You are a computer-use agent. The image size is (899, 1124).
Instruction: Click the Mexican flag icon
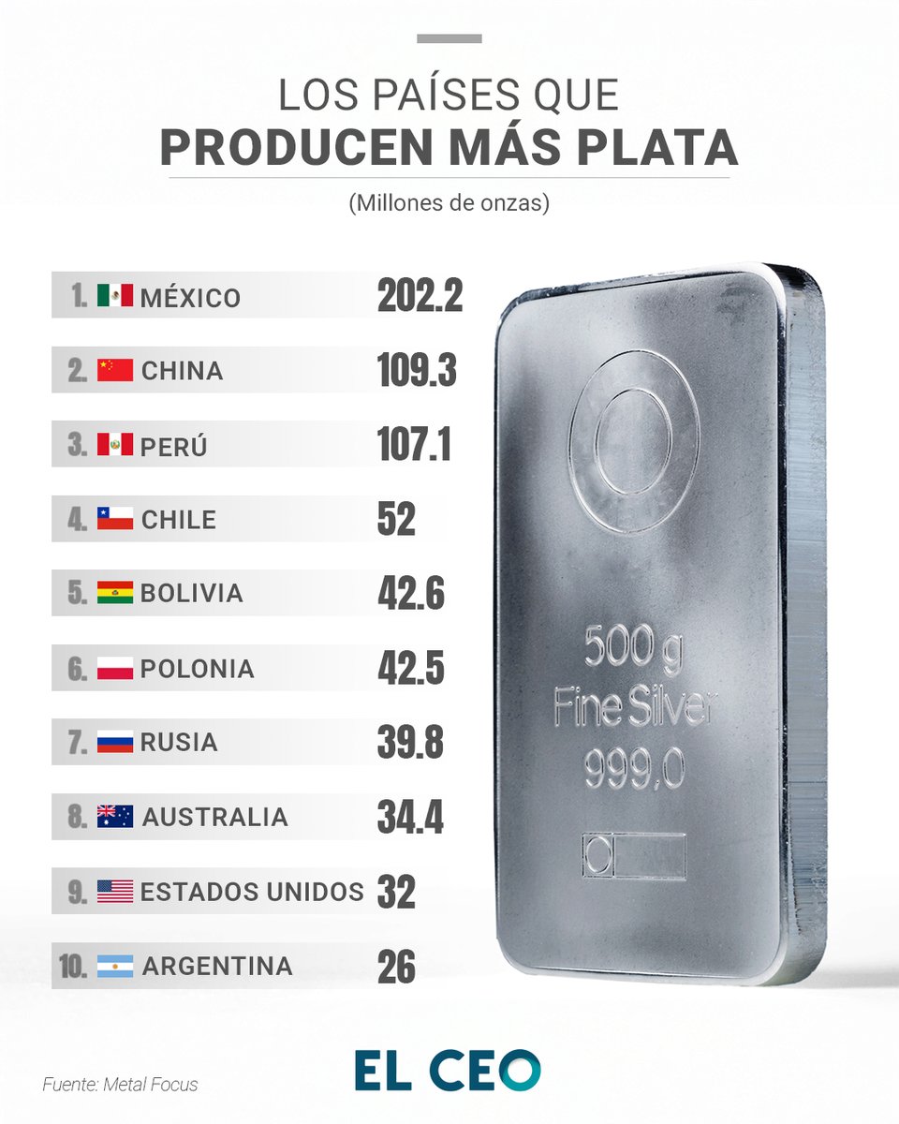pos(115,296)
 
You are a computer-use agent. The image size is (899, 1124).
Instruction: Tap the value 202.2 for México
pos(420,296)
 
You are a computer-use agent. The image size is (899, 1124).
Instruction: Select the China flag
pos(115,370)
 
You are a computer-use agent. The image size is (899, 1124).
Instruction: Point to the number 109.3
pos(417,371)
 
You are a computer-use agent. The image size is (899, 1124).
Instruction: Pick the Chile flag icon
pos(115,518)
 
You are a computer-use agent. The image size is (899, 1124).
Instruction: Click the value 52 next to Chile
pos(396,519)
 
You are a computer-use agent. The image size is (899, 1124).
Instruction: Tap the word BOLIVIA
pos(192,593)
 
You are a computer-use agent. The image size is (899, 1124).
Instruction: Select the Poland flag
pos(115,668)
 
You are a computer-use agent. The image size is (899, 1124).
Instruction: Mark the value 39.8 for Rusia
pos(410,742)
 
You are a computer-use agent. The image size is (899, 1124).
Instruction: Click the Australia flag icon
pos(115,816)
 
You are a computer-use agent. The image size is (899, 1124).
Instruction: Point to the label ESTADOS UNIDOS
pos(252,892)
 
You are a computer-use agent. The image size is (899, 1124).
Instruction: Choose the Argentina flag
pos(115,966)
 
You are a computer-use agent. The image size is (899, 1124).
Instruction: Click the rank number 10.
pos(73,967)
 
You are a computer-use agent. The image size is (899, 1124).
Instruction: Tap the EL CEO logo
pos(448,1070)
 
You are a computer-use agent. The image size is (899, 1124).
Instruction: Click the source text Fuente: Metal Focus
pos(120,1085)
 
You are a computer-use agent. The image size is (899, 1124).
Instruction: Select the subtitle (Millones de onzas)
pos(449,203)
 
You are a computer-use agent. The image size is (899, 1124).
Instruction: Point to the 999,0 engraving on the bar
pos(634,769)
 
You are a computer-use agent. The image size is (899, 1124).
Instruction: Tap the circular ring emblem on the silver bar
pos(633,442)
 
